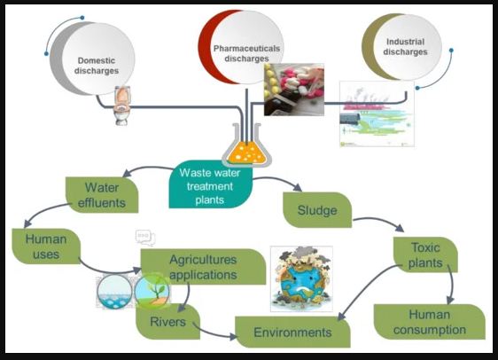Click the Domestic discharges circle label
click(x=97, y=66)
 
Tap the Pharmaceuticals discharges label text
click(x=246, y=53)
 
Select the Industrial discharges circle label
click(x=405, y=47)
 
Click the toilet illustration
click(x=121, y=106)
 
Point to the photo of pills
click(x=294, y=90)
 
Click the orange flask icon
click(x=246, y=145)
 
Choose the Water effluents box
click(x=102, y=195)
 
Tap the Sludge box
click(x=317, y=210)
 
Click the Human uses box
click(x=46, y=247)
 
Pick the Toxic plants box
click(x=425, y=254)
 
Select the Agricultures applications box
click(x=203, y=267)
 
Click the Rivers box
click(x=168, y=322)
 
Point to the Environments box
click(x=292, y=332)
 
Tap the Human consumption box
click(x=430, y=322)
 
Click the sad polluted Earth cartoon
click(x=301, y=278)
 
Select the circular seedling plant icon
click(x=152, y=291)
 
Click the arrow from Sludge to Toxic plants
click(x=379, y=221)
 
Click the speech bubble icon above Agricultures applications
click(x=145, y=238)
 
